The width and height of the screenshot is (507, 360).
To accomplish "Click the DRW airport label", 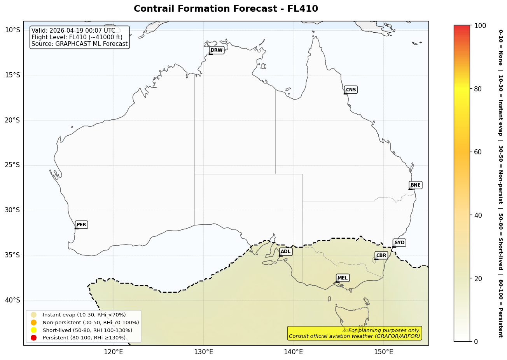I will click(217, 50).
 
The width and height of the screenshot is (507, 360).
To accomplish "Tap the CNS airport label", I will click(351, 90).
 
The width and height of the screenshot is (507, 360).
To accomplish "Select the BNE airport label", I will click(415, 185).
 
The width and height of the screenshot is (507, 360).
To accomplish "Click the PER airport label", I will click(81, 225).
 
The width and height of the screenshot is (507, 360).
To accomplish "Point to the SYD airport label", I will click(399, 243).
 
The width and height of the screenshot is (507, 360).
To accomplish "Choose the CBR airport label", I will click(381, 255).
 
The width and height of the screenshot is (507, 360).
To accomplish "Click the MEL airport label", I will click(343, 278).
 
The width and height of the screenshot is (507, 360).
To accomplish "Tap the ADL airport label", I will click(285, 252).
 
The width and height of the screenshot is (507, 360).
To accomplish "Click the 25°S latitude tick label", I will click(12, 165).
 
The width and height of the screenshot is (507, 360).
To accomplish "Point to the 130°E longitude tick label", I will click(203, 352).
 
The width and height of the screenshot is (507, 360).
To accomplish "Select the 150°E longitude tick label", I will click(383, 352).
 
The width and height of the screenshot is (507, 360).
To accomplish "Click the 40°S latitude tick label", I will click(12, 300).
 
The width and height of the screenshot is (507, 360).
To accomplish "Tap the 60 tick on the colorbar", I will click(478, 152).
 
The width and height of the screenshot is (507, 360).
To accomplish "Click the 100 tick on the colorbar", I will click(480, 26).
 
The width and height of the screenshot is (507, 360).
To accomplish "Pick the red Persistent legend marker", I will click(34, 337).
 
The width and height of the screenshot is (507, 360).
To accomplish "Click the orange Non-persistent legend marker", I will click(34, 322).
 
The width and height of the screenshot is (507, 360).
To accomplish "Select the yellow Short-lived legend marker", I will click(34, 330).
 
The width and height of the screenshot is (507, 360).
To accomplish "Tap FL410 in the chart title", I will click(302, 9).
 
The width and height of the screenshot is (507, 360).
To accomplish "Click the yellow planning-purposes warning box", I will click(354, 333).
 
